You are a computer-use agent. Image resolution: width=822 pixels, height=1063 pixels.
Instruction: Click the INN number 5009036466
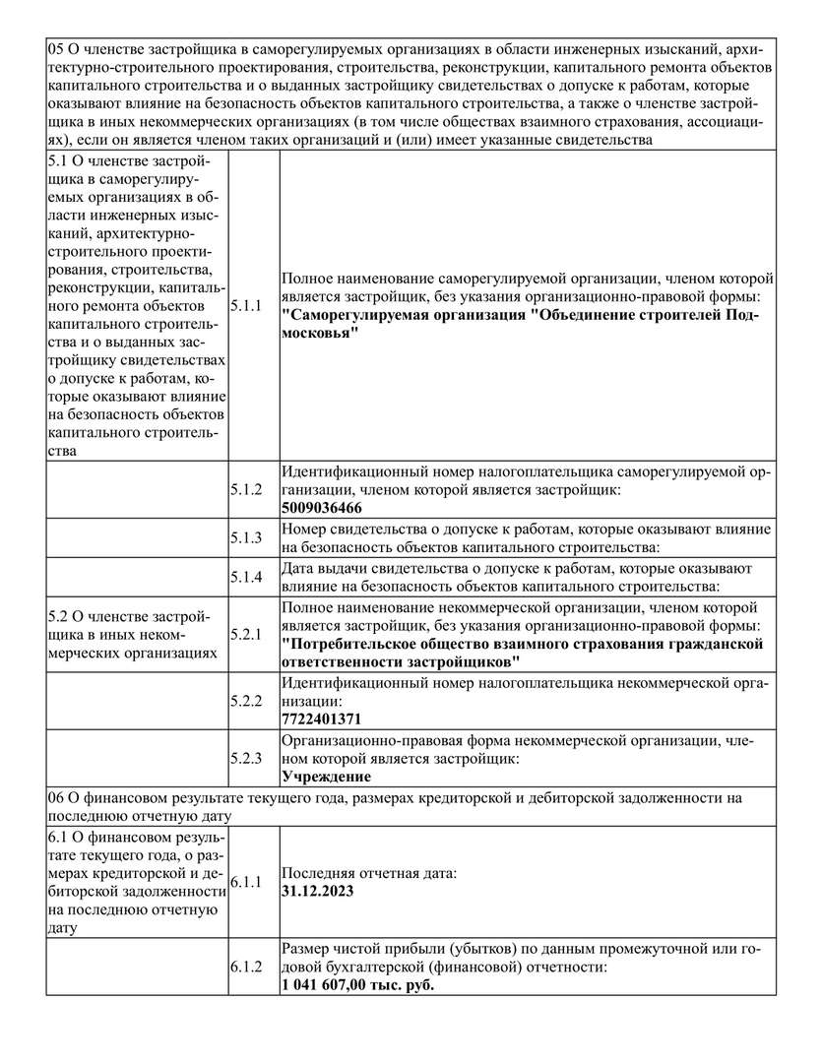321,508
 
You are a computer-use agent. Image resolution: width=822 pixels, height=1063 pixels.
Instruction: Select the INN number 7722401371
321,719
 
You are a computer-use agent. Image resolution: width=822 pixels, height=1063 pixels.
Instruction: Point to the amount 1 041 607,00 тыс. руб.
357,984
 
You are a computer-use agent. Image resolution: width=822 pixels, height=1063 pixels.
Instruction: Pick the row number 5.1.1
246,306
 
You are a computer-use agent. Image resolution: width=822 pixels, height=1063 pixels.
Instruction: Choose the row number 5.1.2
246,489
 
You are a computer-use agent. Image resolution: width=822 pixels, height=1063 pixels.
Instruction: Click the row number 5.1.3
246,537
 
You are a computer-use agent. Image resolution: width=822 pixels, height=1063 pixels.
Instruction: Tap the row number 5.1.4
246,577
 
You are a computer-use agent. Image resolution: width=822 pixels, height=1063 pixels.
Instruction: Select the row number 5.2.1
246,634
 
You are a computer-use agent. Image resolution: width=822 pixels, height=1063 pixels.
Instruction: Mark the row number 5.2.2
246,701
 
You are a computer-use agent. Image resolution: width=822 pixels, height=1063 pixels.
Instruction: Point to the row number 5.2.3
246,759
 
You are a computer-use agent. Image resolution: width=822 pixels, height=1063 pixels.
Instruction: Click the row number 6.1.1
246,881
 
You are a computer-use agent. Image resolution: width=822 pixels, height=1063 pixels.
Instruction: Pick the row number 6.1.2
246,968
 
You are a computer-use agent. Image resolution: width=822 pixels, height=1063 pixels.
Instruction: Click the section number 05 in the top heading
56,47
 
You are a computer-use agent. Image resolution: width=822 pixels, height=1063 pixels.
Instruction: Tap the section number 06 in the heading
56,797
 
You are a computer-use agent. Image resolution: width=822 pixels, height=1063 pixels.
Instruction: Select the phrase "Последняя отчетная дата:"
369,872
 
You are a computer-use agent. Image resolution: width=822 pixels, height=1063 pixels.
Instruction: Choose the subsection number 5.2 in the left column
59,615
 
